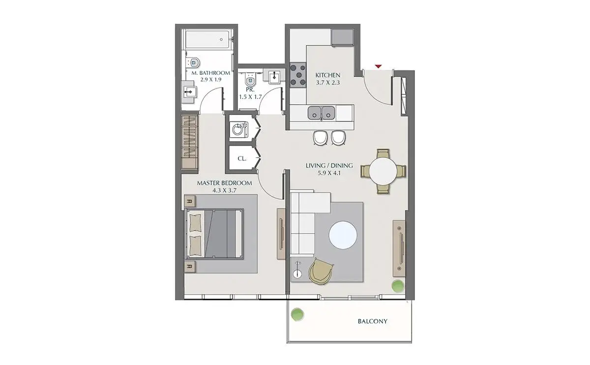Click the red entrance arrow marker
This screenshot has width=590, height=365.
pos(378,66)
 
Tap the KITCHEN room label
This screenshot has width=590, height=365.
pos(327,75)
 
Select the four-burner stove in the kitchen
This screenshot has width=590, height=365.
pos(298,75)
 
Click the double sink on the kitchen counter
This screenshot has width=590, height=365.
pos(322,113)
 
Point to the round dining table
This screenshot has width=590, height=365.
pos(383,171)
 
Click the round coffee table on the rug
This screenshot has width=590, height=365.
pos(343,235)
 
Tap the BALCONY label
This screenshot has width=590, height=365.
pos(373,321)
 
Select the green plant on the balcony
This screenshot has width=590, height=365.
pos(297,314)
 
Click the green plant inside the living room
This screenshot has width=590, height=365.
pos(397,286)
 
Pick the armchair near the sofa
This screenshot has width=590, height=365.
pos(321,272)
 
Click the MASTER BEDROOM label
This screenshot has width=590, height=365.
pos(224,183)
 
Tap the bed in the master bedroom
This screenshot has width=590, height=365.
pos(214,234)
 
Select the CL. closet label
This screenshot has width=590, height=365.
pos(242,159)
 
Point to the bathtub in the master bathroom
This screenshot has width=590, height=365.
pos(207,39)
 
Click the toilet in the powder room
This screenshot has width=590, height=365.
pos(249,78)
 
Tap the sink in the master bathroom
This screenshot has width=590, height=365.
pos(189,92)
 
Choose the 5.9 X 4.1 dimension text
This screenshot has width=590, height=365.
pos(329,173)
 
